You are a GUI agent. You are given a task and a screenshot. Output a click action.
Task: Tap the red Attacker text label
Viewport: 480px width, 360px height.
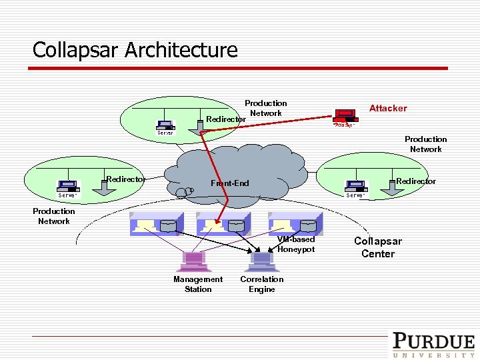pos(388,108)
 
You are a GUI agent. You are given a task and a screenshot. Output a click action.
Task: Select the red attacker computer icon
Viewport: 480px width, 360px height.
pos(344,116)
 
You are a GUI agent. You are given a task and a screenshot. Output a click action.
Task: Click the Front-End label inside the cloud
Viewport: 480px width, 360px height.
pos(229,183)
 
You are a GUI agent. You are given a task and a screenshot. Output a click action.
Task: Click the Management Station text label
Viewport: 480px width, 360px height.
pos(198,284)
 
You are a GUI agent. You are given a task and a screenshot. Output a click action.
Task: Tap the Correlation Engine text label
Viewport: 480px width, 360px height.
pos(262,284)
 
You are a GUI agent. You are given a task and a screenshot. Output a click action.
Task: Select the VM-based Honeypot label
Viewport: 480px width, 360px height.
pos(296,244)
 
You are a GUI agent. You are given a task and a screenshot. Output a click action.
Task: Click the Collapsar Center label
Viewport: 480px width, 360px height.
pos(378,247)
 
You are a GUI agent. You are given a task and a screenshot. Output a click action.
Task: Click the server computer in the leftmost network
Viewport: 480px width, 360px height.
pos(67,186)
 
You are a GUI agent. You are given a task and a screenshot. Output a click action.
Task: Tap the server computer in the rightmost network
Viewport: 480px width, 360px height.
pos(355,186)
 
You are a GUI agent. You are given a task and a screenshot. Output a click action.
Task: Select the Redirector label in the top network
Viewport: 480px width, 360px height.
pos(225,119)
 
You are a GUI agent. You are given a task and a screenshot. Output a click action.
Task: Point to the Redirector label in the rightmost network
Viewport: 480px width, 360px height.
pos(415,181)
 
